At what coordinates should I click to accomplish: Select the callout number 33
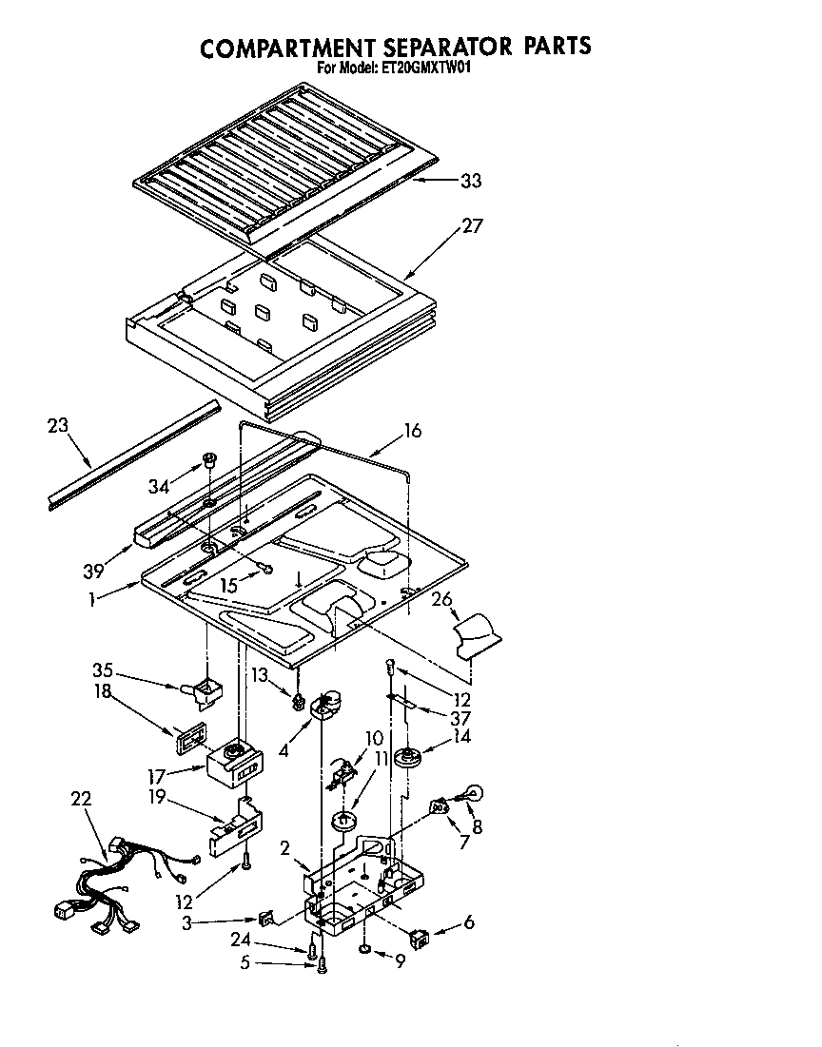pos(470,181)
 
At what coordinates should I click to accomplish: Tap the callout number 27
pos(473,226)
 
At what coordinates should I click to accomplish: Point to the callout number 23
pos(58,425)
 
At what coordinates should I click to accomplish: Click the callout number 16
pos(411,431)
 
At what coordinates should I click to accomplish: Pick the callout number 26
pos(441,599)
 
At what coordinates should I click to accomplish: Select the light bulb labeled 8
pos(475,788)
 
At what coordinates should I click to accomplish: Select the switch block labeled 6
pos(419,940)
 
